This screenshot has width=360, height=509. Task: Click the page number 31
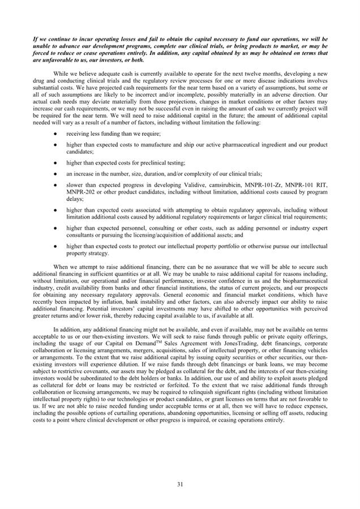tap(179, 484)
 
